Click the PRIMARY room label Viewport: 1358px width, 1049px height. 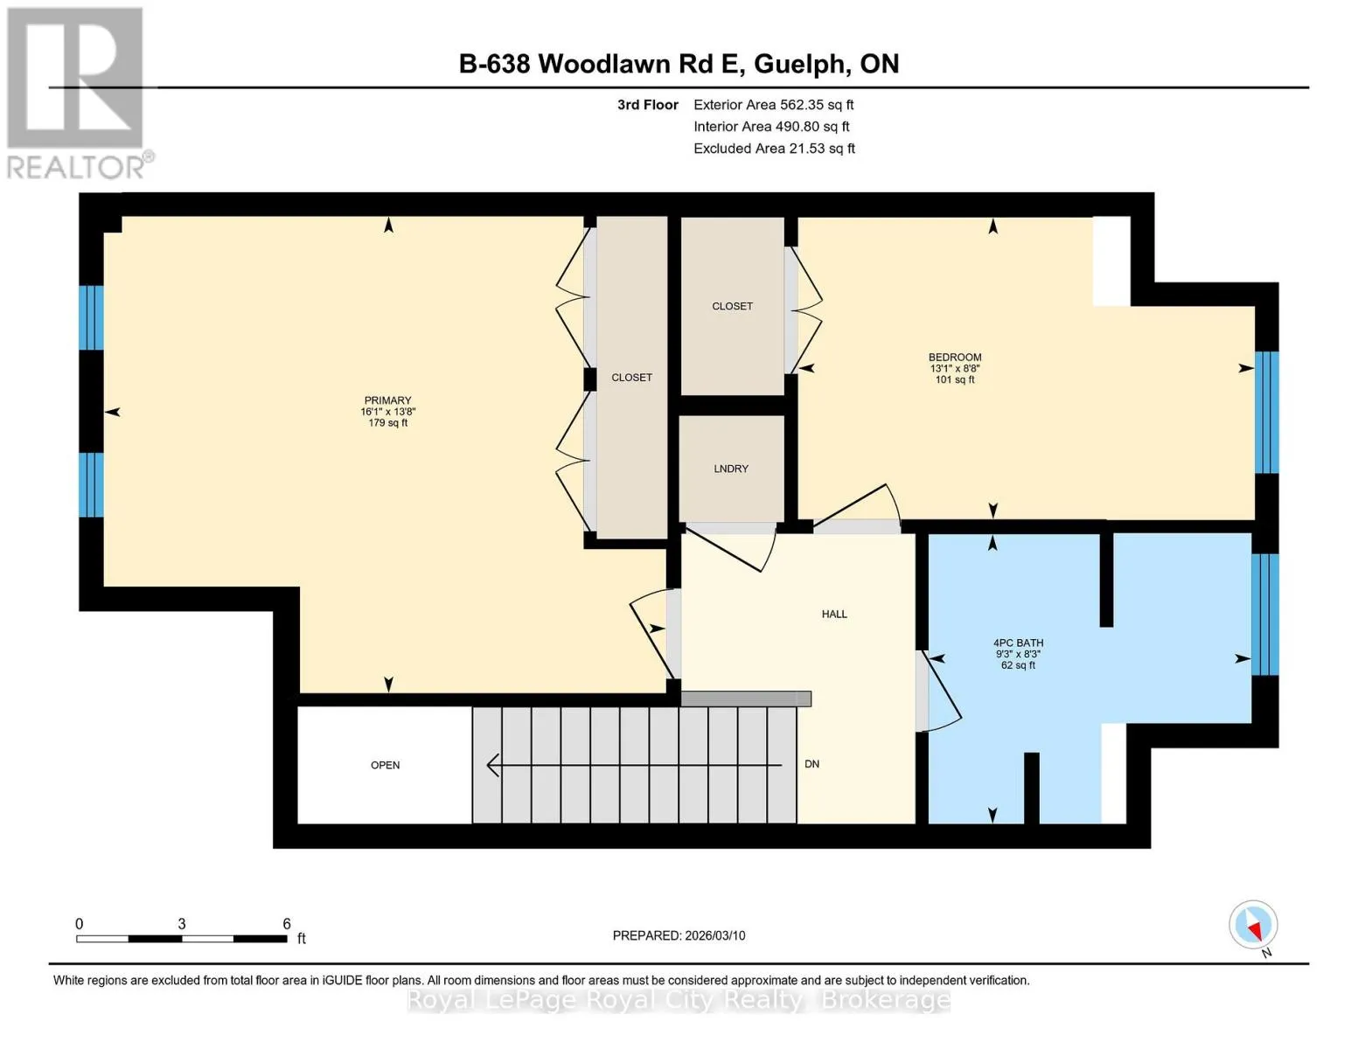[387, 399]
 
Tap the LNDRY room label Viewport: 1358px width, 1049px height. [730, 469]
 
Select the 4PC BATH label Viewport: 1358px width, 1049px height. [1018, 643]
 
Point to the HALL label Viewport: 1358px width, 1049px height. [834, 615]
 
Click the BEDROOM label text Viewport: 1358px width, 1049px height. [954, 358]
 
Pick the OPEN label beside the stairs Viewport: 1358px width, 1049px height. [385, 765]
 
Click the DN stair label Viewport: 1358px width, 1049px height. [811, 763]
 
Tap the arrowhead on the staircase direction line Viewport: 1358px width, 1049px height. [492, 765]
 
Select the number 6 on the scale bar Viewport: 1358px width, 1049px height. [287, 923]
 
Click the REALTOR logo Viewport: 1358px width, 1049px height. [76, 94]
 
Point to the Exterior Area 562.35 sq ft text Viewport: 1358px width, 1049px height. [773, 105]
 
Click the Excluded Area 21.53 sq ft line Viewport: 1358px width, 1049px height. [774, 149]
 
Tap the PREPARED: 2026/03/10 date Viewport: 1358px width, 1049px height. [679, 935]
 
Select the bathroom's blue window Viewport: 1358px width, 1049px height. [1265, 615]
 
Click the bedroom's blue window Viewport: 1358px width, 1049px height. [1267, 413]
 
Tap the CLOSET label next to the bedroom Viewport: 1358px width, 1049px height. [732, 306]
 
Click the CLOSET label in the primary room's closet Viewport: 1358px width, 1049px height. [631, 378]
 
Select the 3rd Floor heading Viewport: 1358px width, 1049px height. [647, 105]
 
